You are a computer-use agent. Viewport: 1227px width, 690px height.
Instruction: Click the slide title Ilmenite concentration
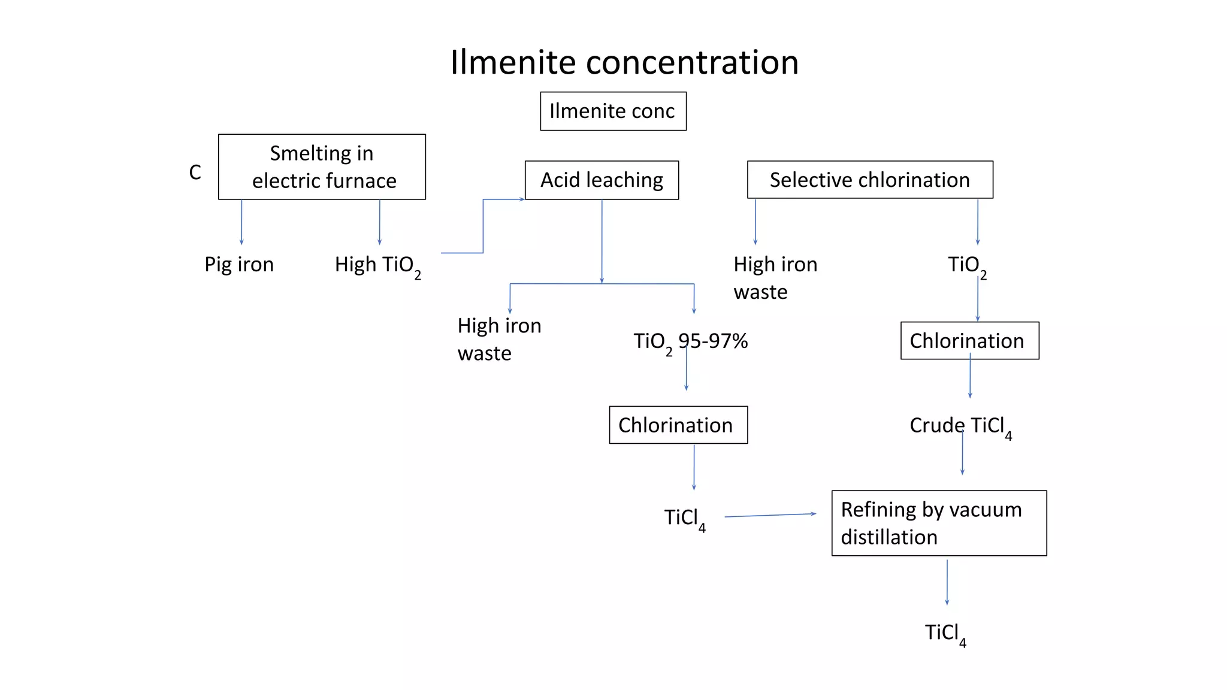click(624, 62)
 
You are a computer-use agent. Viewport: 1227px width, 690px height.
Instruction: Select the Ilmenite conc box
click(613, 111)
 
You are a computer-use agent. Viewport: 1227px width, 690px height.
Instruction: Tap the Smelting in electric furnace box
click(322, 167)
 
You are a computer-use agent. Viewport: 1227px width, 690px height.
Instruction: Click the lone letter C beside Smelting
click(195, 172)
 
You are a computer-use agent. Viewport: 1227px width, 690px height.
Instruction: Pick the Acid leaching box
click(602, 180)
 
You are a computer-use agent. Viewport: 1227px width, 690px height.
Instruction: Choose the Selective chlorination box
click(869, 180)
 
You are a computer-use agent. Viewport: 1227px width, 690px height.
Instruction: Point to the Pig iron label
click(239, 265)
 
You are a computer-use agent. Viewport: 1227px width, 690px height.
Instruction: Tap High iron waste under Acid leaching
click(498, 339)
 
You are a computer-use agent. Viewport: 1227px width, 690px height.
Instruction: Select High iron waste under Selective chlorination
click(775, 278)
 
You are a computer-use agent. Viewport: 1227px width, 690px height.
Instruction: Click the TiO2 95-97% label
click(690, 342)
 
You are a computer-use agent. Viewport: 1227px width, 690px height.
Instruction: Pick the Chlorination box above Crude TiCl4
click(969, 341)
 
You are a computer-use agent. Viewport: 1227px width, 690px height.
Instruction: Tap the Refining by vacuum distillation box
click(939, 523)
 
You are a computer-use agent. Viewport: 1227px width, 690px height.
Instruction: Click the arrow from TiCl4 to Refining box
click(770, 515)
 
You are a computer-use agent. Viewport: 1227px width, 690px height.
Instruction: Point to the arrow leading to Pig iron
click(241, 222)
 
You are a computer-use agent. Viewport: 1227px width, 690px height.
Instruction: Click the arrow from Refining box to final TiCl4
click(947, 582)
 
